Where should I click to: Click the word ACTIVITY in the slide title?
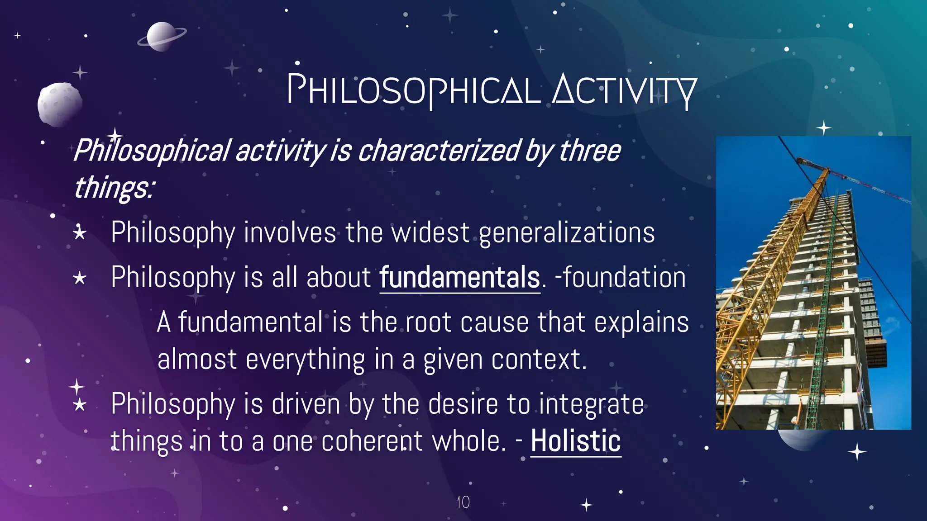click(624, 90)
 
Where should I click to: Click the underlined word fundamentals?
click(459, 277)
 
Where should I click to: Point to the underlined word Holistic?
click(575, 441)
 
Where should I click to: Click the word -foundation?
click(620, 277)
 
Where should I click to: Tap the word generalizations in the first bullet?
click(566, 233)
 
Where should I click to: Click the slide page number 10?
click(463, 502)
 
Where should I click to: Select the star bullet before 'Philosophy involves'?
click(80, 233)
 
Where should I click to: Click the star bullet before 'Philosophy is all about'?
click(80, 278)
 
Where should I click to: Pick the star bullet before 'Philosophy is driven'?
click(80, 404)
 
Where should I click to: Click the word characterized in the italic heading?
click(438, 151)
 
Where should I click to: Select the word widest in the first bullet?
click(430, 233)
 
